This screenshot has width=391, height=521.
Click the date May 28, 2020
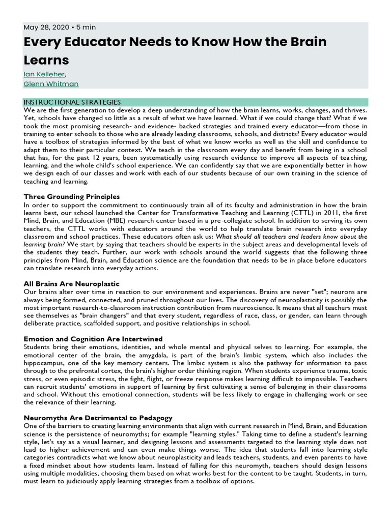point(44,27)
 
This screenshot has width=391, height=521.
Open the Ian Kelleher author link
point(44,74)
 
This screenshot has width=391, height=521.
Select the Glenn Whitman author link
point(51,84)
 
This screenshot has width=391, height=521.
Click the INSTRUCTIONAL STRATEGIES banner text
point(72,102)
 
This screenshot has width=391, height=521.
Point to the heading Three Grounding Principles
point(72,196)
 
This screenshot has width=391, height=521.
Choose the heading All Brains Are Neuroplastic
point(71,283)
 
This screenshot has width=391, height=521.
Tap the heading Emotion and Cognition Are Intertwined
point(93,339)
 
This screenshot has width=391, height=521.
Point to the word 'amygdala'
point(141,355)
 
